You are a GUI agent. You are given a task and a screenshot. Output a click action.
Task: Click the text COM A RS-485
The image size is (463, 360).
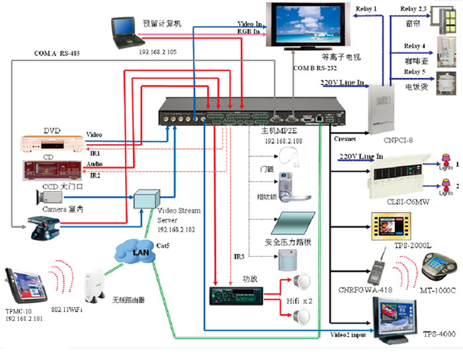pyautogui.click(x=57, y=53)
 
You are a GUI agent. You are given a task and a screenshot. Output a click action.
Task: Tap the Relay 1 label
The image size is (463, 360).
pyautogui.click(x=367, y=9)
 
